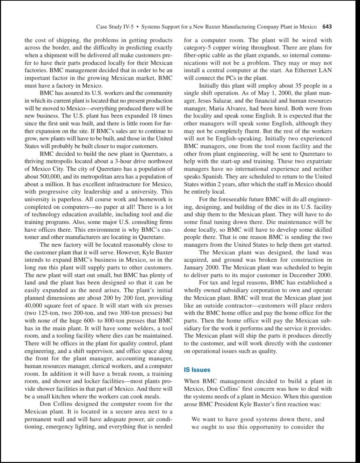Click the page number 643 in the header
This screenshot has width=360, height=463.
pyautogui.click(x=327, y=27)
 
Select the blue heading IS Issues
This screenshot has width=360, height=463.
pyautogui.click(x=197, y=370)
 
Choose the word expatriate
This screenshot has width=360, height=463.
pyautogui.click(x=318, y=161)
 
